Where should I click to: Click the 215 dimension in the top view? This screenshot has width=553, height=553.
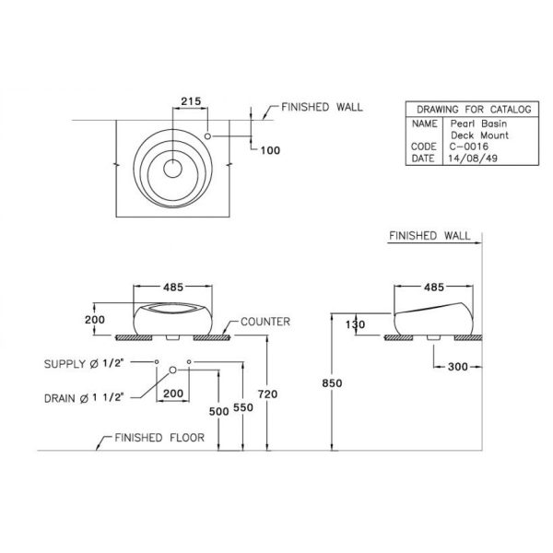191,101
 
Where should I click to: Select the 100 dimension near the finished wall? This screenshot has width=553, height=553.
270,150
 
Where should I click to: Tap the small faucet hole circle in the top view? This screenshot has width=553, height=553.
207,135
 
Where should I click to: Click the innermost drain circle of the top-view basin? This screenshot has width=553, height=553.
173,169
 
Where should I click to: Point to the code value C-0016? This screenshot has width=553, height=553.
469,147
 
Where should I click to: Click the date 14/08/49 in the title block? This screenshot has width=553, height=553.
473,158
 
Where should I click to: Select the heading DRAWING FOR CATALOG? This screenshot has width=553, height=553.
474,110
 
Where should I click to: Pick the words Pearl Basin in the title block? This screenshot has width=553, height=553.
478,124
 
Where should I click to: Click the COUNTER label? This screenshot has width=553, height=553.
265,322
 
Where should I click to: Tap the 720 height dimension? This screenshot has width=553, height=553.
267,394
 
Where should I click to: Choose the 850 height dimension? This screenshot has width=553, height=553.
332,383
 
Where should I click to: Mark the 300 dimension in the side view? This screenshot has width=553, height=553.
457,367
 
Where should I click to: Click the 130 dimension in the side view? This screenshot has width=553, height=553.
356,324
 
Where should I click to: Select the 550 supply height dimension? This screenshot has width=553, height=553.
243,407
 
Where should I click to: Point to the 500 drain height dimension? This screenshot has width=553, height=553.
218,411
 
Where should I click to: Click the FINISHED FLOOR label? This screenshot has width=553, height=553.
159,438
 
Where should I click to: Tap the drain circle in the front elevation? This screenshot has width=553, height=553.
173,370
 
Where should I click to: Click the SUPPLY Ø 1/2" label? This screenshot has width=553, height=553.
84,364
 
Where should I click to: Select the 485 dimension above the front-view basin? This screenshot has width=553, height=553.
173,288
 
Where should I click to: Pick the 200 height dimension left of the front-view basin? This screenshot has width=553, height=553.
95,320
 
